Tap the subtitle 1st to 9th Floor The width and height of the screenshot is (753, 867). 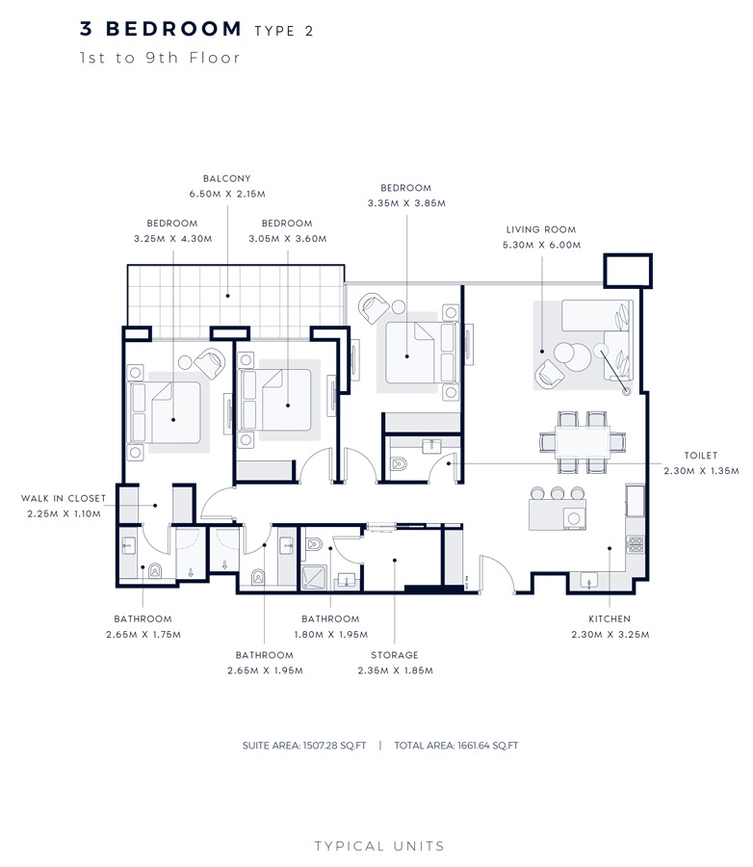point(160,58)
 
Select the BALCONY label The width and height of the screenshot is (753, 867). point(227,178)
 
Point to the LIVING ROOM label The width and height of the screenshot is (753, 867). point(541,230)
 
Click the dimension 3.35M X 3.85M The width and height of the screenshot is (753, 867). point(405,203)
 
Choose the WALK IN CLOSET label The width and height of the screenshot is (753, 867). point(64,498)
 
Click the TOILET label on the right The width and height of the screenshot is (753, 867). point(700,456)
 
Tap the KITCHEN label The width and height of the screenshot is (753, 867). point(610,618)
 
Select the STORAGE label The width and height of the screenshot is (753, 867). point(395,655)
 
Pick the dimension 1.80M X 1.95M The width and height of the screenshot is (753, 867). point(330,634)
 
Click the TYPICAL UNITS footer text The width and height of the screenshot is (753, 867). point(379,846)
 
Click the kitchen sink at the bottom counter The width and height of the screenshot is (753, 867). point(587,580)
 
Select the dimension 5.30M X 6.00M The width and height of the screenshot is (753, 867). point(541,245)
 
